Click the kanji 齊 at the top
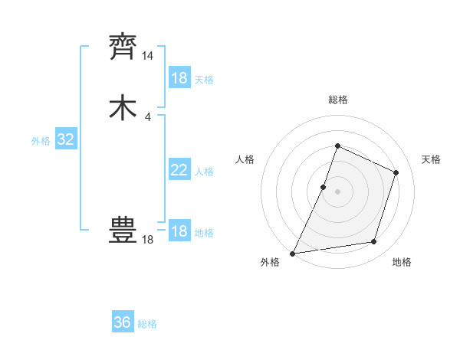click(x=123, y=47)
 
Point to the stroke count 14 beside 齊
click(x=148, y=56)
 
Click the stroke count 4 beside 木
click(x=148, y=116)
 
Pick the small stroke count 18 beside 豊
click(x=148, y=240)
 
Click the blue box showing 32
click(x=66, y=139)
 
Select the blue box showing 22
click(x=179, y=170)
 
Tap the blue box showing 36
click(x=123, y=322)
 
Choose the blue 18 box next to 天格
click(x=179, y=78)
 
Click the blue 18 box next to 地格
click(x=179, y=231)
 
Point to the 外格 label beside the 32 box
click(x=41, y=141)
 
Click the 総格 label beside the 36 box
click(x=147, y=324)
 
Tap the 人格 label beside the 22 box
click(x=204, y=172)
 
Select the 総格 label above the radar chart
click(x=337, y=100)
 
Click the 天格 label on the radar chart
click(x=431, y=159)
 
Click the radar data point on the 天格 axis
click(x=396, y=172)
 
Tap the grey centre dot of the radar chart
click(x=337, y=191)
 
